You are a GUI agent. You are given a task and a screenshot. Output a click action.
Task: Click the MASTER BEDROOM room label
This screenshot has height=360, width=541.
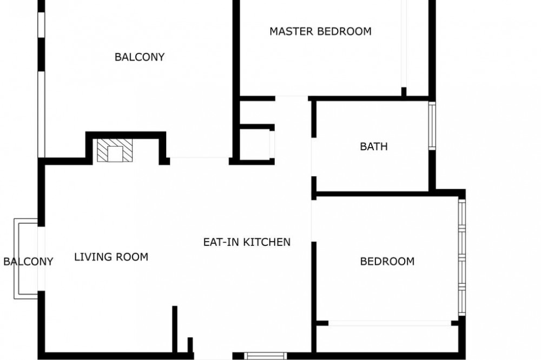[320, 31]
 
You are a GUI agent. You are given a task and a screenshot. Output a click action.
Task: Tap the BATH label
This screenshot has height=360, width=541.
[374, 146]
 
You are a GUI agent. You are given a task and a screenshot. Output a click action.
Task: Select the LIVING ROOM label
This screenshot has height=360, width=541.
[111, 257]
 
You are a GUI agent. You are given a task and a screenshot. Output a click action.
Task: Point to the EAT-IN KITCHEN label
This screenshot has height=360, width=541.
[247, 242]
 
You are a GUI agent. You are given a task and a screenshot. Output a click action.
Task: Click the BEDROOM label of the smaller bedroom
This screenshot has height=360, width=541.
[387, 262]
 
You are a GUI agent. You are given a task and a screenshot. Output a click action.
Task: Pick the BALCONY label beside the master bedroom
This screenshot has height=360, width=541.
[140, 57]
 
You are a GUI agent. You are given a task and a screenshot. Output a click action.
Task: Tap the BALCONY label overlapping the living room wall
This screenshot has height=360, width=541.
[28, 262]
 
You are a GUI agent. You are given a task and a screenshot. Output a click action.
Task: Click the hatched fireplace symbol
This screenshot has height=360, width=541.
[115, 150]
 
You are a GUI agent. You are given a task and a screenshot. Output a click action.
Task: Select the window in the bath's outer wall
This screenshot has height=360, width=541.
[432, 125]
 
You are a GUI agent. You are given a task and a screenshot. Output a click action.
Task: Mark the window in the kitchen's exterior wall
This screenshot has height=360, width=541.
[265, 356]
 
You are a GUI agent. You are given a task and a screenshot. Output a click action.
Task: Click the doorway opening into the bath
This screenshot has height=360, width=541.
[314, 157]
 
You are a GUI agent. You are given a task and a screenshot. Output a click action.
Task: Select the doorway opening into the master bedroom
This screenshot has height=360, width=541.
[292, 98]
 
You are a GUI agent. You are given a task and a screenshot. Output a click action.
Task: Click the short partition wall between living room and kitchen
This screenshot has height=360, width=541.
[175, 329]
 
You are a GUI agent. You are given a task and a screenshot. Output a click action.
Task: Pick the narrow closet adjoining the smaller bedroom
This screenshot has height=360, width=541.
[387, 338]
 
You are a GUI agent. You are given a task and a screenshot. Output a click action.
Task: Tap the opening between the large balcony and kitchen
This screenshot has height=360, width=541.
[200, 161]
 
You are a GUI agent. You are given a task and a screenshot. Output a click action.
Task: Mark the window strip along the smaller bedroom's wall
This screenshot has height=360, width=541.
[462, 257]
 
